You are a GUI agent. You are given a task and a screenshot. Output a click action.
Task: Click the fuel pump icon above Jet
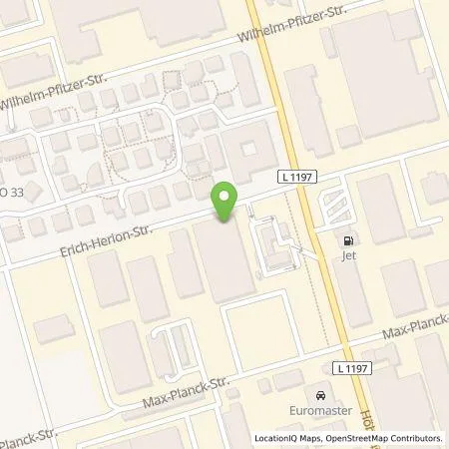point(348,240)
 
